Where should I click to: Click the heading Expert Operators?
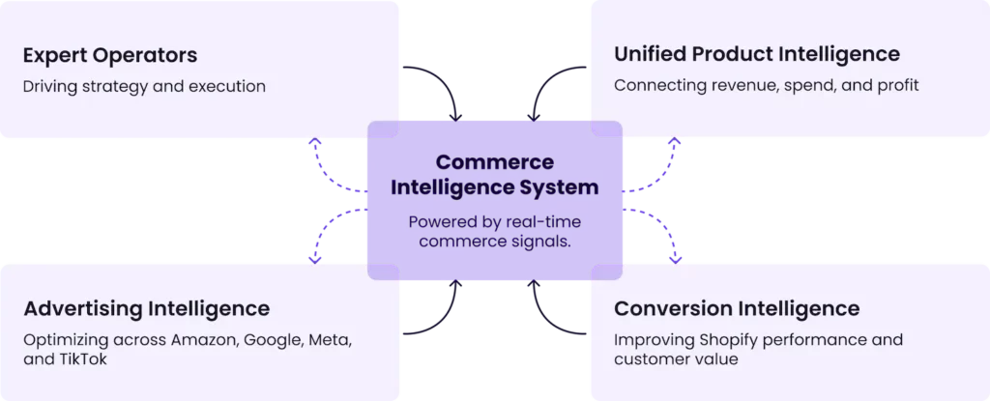point(110,54)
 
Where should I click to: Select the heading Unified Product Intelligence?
point(756,54)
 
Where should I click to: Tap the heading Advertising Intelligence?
point(146,309)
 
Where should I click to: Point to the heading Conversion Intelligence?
point(737,309)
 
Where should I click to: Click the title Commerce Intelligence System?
point(494,174)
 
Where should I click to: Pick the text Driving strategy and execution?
point(144,86)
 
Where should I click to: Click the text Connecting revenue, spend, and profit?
point(766,86)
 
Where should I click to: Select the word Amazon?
point(207,340)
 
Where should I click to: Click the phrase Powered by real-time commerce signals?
point(494,231)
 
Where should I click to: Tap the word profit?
point(894,86)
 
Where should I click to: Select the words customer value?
point(676,359)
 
